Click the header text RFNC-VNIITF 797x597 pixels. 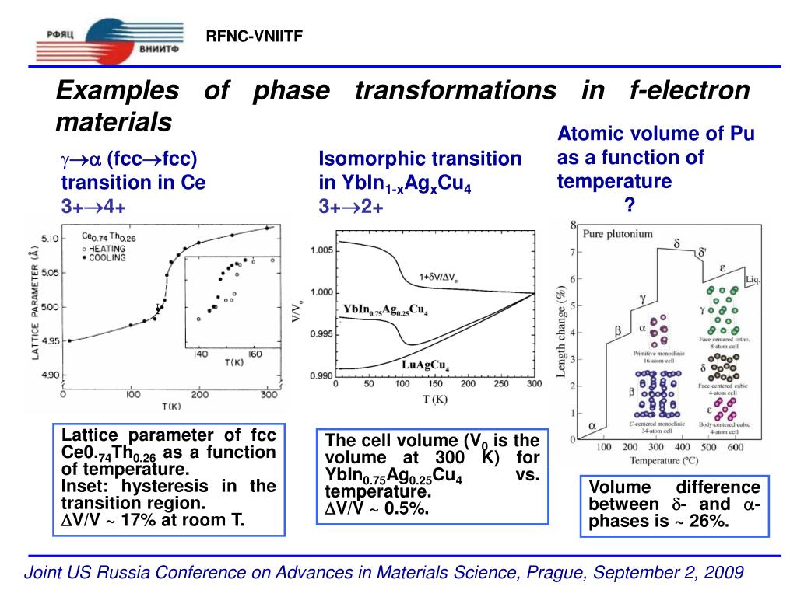pyautogui.click(x=254, y=37)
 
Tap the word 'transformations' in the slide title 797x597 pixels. pyautogui.click(x=455, y=91)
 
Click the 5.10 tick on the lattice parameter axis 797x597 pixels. pyautogui.click(x=49, y=238)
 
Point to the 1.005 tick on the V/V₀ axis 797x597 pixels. pyautogui.click(x=321, y=250)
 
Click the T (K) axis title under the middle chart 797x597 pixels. pyautogui.click(x=435, y=400)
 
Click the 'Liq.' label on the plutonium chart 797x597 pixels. pyautogui.click(x=753, y=279)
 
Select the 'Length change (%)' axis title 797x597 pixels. pyautogui.click(x=562, y=331)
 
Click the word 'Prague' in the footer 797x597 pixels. pyautogui.click(x=558, y=573)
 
